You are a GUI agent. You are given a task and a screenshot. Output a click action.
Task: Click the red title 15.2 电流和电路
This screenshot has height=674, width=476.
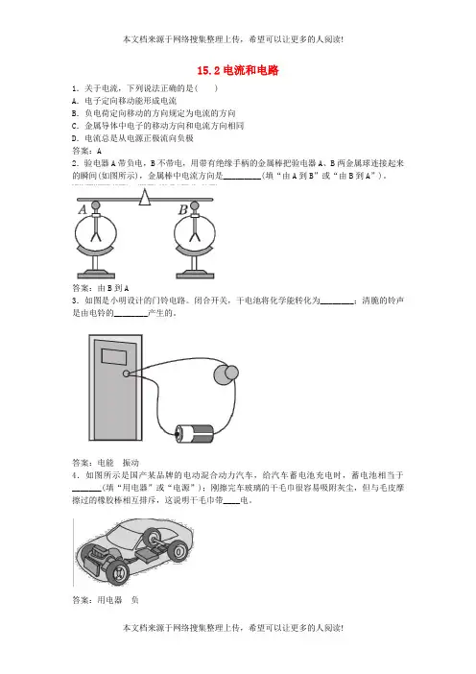click(x=238, y=70)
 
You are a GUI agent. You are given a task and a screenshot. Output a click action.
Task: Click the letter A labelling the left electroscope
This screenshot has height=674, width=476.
click(x=83, y=209)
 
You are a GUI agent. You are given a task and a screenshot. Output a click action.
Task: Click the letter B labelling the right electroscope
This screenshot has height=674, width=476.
click(x=183, y=209)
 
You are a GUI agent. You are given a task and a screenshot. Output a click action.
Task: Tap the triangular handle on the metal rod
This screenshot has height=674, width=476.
click(x=145, y=197)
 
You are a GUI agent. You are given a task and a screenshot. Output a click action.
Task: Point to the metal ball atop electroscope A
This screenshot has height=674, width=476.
click(x=96, y=205)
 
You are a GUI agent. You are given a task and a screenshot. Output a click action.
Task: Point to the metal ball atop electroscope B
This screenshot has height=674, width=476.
click(x=195, y=205)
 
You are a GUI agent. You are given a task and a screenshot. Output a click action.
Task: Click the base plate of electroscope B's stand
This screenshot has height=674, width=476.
click(x=195, y=276)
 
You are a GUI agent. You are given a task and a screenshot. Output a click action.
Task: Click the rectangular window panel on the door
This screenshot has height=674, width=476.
click(x=114, y=357)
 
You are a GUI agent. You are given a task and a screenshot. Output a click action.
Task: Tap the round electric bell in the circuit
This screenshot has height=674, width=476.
click(x=226, y=374)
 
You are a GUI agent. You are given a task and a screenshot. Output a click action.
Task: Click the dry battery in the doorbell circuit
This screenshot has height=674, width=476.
click(x=194, y=434)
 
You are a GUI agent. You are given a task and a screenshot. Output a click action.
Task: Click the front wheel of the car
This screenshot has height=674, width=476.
click(x=117, y=571)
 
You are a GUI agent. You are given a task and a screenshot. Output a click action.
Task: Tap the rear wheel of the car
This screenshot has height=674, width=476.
click(x=178, y=551)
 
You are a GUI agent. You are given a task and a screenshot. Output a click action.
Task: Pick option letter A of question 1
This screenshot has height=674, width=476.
click(x=75, y=101)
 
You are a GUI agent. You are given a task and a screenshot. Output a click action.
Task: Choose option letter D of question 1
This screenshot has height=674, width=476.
click(x=75, y=138)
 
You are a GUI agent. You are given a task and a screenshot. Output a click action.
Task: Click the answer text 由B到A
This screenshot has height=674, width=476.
click(x=113, y=288)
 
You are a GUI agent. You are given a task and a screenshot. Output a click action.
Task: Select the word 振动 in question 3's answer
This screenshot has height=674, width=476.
click(x=131, y=463)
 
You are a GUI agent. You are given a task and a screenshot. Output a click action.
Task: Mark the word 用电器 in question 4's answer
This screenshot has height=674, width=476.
click(x=109, y=600)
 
